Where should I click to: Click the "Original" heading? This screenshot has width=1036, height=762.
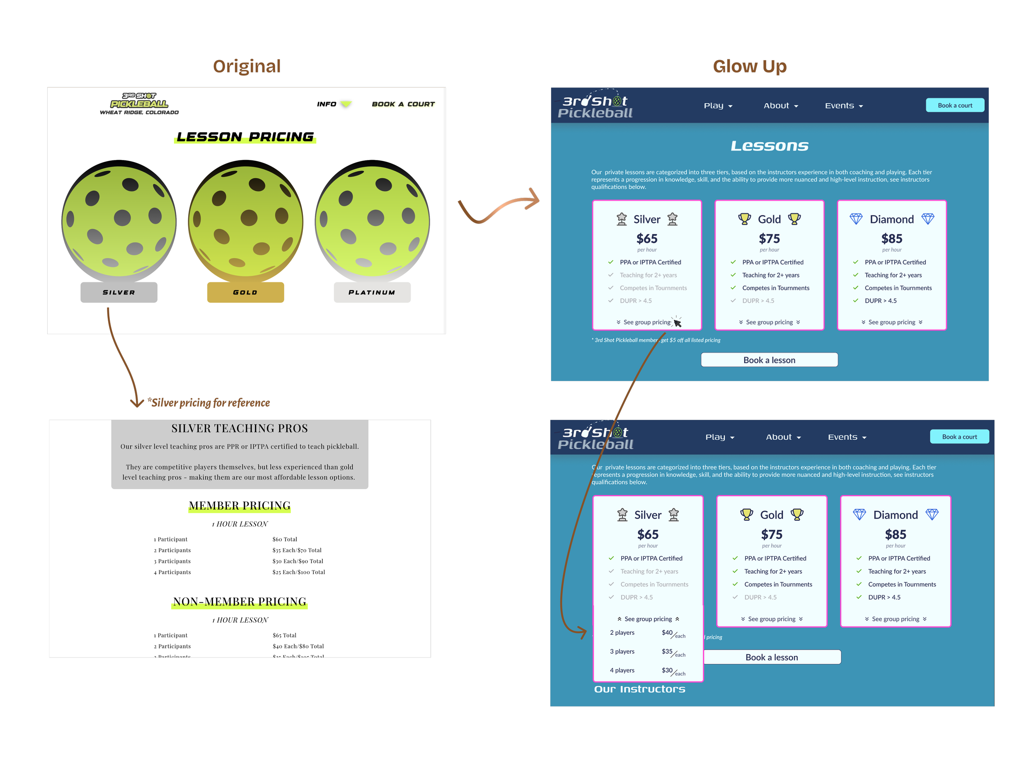tap(247, 66)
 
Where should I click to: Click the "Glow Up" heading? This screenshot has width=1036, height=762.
tap(750, 66)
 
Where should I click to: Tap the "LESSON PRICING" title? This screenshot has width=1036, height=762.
tap(245, 137)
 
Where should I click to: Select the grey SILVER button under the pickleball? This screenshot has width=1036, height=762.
tap(119, 292)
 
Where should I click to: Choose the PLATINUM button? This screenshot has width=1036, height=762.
tap(372, 292)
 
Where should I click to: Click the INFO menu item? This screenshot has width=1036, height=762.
tap(327, 104)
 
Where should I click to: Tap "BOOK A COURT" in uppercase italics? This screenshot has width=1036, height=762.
tap(403, 104)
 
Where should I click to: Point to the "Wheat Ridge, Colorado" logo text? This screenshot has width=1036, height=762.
tap(139, 112)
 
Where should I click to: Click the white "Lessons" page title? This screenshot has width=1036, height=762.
tap(770, 146)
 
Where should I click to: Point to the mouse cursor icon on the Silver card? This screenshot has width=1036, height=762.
tap(677, 323)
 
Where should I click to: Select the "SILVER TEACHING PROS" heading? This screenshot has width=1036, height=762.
tap(239, 429)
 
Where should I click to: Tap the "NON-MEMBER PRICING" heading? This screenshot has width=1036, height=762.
tap(239, 602)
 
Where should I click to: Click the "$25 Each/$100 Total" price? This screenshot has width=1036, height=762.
tap(298, 573)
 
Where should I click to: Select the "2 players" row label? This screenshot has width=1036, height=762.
tap(622, 633)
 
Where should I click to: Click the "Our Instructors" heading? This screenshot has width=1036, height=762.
tap(639, 689)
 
